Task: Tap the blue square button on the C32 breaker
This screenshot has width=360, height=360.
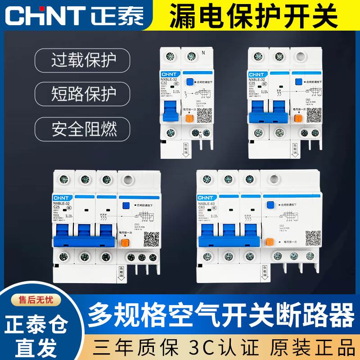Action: tap(189, 82)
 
